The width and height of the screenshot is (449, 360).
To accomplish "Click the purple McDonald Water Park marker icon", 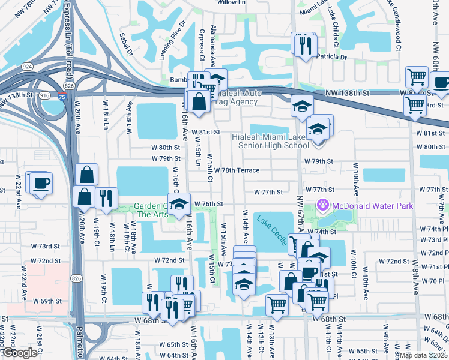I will pyautogui.click(x=324, y=206).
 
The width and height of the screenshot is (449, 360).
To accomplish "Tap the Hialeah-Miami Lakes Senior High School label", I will pyautogui.click(x=270, y=141).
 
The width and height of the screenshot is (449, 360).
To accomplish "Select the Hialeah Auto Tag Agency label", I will pyautogui.click(x=237, y=98).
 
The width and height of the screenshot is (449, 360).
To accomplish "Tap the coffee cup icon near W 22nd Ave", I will pyautogui.click(x=41, y=183).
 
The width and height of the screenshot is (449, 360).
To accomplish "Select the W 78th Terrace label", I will pyautogui.click(x=236, y=170).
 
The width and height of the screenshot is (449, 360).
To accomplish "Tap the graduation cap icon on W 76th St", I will pyautogui.click(x=179, y=203).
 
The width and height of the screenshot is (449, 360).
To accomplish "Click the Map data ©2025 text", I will pyautogui.click(x=423, y=355).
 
